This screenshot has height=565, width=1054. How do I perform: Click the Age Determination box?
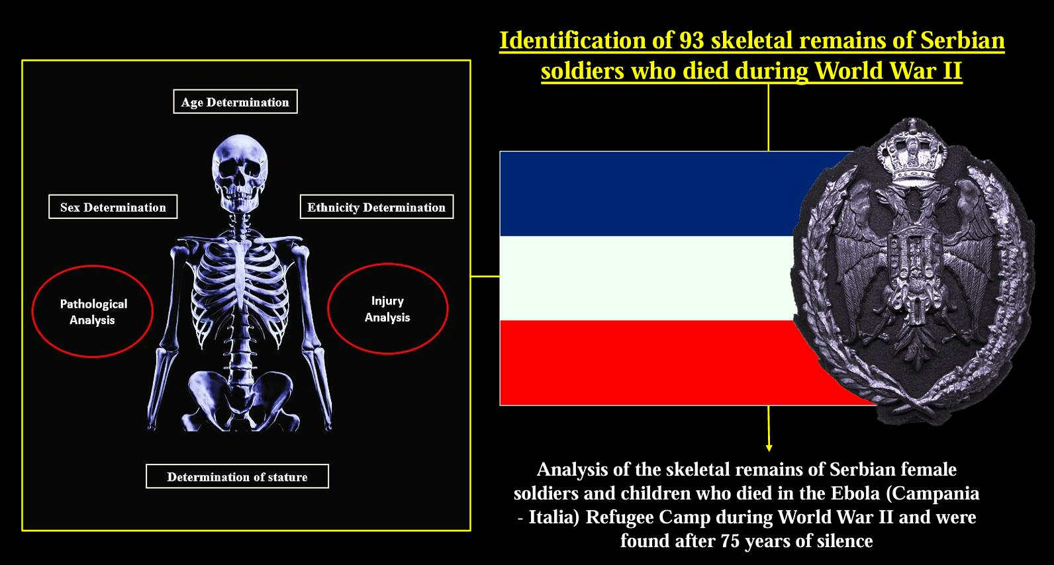click(235, 101)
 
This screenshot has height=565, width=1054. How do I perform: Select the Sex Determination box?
click(113, 207)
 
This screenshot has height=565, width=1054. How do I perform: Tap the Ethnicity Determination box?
click(377, 207)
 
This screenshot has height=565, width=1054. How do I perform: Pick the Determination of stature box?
click(237, 476)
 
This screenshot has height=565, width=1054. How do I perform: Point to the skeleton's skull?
click(240, 174)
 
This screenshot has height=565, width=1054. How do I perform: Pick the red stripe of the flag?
click(659, 363)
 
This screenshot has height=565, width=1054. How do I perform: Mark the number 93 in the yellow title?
click(691, 40)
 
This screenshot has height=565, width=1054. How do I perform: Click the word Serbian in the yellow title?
click(962, 40)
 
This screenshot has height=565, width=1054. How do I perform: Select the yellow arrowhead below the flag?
click(769, 448)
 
